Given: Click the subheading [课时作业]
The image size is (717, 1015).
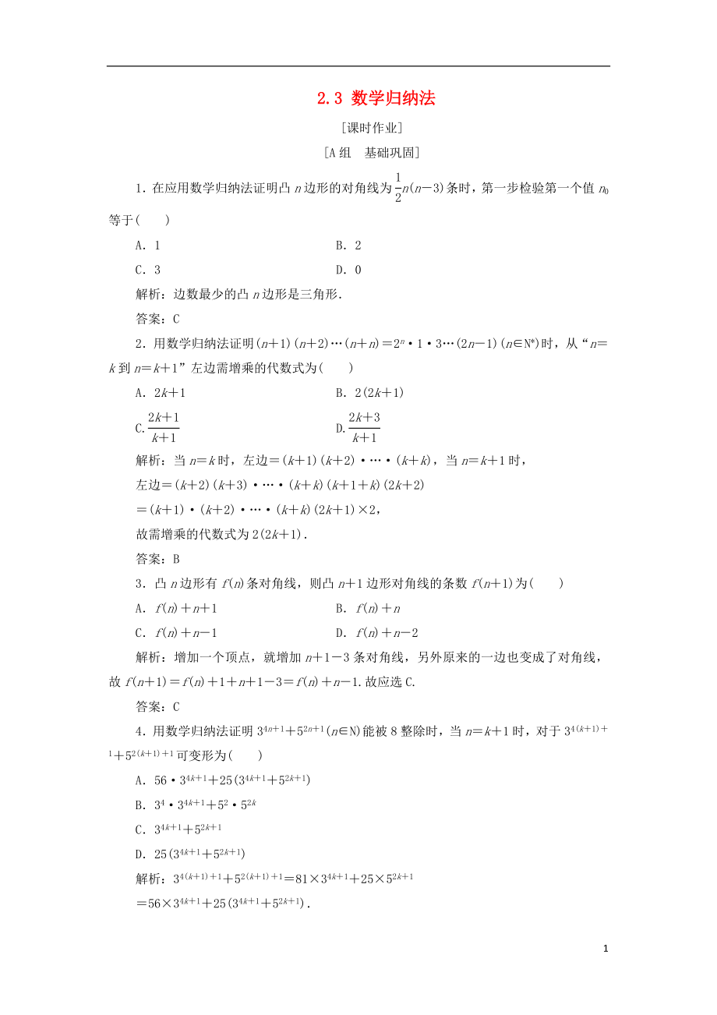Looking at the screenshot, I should click(x=371, y=129).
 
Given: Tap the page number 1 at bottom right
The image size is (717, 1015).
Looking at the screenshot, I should click(x=605, y=949).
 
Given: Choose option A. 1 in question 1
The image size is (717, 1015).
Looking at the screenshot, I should click(x=148, y=246).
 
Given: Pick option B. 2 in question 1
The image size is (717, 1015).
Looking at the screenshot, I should click(x=348, y=246).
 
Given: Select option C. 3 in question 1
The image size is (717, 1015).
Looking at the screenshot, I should click(x=148, y=271).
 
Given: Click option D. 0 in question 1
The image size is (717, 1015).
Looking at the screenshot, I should click(x=348, y=271).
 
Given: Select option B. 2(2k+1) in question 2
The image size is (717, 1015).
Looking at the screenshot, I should click(x=369, y=394).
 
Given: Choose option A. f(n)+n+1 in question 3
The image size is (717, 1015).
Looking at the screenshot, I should click(x=176, y=608).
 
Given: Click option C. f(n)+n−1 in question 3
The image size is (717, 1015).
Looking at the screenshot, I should click(x=176, y=633).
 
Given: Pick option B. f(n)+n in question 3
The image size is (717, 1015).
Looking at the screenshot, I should click(x=368, y=608).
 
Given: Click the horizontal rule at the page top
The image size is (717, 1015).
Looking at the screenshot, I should click(x=358, y=66).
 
